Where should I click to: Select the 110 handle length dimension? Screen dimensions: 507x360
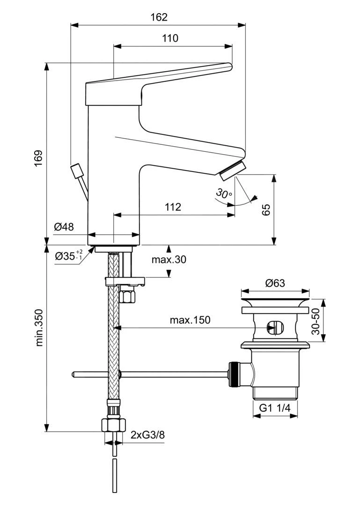[x=170, y=38]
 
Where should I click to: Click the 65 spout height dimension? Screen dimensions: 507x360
[x=266, y=209]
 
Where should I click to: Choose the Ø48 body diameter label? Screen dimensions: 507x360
[x=64, y=227]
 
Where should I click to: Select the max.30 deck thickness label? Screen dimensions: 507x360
[x=169, y=259]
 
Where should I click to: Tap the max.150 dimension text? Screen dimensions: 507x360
[x=190, y=320]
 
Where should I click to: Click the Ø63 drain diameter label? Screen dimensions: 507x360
[x=275, y=283]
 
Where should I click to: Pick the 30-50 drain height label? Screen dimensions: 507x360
[x=316, y=321]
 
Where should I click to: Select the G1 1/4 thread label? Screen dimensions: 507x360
[x=275, y=408]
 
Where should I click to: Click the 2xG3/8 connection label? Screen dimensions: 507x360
[x=147, y=435]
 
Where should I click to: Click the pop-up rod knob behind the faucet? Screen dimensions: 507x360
[x=76, y=170]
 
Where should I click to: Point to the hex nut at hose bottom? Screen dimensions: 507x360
[x=114, y=425]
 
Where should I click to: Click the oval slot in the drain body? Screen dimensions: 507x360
[x=273, y=327]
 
